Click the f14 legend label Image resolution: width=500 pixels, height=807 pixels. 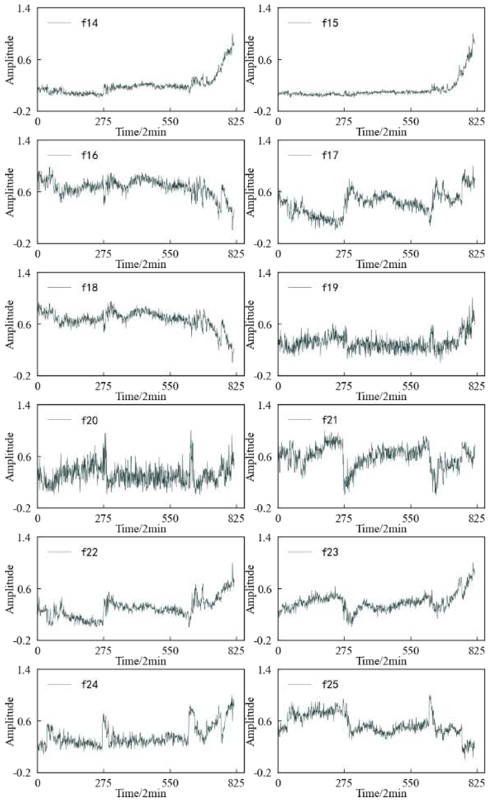point(90,23)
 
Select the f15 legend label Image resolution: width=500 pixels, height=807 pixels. point(330,23)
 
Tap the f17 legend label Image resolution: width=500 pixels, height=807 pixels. point(330,155)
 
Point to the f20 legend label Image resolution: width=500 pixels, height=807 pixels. point(90,420)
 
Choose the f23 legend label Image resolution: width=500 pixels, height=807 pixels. point(330,552)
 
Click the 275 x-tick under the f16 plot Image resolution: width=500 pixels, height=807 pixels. point(104,254)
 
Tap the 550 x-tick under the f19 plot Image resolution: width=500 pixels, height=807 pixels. point(410,386)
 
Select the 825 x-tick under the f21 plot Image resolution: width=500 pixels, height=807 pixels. point(476,519)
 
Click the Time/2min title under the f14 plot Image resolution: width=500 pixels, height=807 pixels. point(140,132)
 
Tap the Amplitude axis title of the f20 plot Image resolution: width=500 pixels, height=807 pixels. point(10,457)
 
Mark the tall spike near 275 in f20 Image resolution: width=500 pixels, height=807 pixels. point(105,434)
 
